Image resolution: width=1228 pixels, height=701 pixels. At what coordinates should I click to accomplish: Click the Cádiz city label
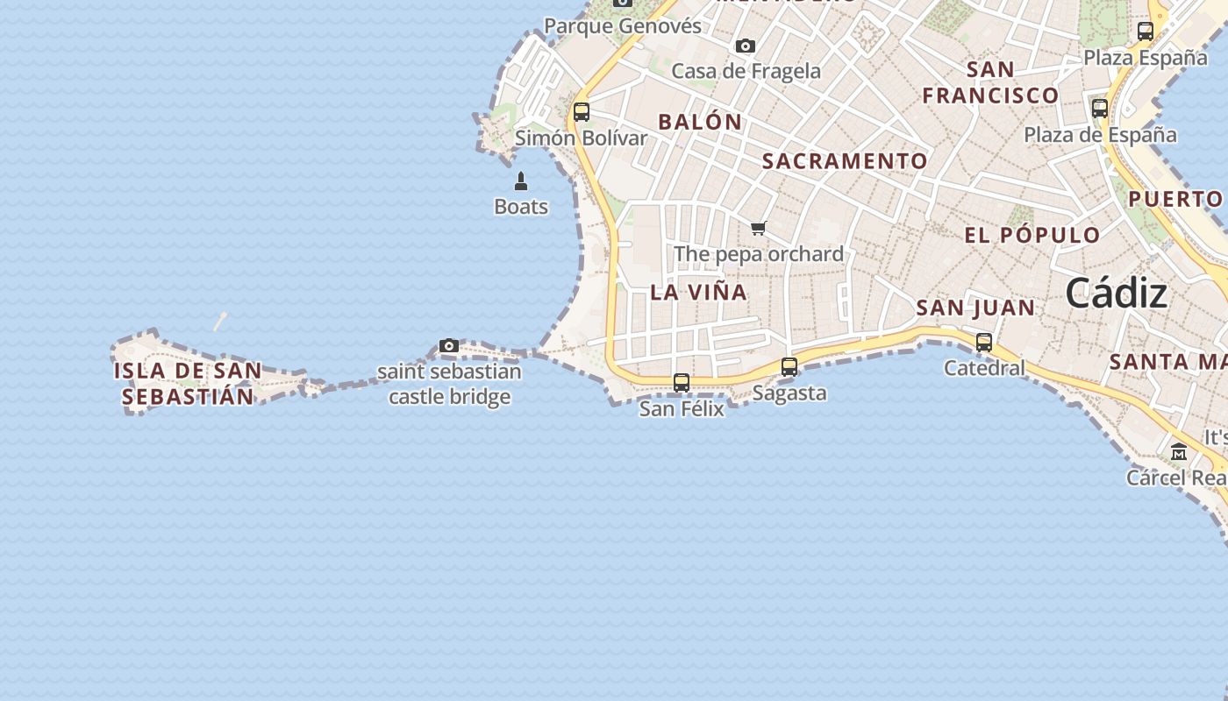[1116, 294]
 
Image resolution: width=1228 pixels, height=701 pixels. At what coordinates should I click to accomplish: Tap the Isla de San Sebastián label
[188, 384]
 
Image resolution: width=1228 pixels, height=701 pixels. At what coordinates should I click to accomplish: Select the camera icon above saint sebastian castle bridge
[449, 346]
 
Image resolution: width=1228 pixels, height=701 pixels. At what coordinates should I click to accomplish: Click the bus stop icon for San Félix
[682, 383]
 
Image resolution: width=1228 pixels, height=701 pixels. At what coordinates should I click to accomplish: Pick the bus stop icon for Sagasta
[789, 367]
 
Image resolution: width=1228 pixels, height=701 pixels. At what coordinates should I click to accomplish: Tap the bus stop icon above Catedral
[984, 343]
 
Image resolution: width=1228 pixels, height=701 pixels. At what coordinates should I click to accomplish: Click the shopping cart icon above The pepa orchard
[759, 229]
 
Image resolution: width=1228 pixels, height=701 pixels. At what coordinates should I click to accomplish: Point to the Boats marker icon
[521, 181]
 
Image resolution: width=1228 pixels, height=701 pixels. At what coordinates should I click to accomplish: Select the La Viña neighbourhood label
[699, 293]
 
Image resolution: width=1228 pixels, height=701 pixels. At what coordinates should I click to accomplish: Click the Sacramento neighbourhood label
[845, 161]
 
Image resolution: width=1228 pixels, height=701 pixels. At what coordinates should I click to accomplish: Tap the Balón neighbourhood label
[700, 123]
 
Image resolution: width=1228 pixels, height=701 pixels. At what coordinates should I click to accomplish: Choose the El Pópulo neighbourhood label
[1032, 235]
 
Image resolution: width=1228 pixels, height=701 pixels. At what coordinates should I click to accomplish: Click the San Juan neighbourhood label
[975, 308]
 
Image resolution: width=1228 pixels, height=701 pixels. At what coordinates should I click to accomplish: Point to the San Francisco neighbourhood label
[990, 82]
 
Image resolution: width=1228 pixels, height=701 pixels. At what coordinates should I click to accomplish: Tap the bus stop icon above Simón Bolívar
[582, 112]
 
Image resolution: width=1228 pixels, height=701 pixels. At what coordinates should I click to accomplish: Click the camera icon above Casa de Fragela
[746, 46]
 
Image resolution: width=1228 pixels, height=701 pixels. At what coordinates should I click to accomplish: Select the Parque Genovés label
[623, 26]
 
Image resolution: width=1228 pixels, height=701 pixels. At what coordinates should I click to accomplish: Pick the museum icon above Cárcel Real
[1179, 452]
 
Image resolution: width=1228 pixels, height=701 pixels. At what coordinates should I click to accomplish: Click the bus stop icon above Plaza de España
[1100, 109]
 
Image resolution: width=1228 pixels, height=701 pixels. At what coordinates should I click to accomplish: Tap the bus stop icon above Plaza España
[1146, 32]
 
